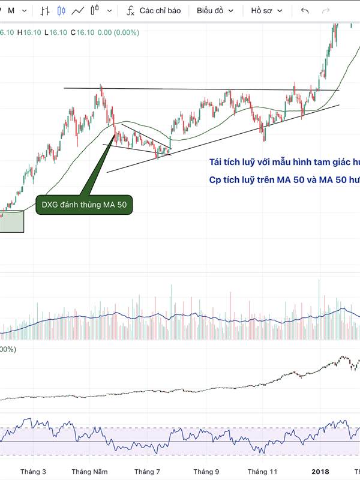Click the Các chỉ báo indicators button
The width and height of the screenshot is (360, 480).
160,11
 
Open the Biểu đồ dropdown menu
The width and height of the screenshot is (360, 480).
215,11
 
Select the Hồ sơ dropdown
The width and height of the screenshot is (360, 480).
267,11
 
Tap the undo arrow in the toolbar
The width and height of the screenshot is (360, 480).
305,11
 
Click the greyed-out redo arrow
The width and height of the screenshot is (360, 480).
326,11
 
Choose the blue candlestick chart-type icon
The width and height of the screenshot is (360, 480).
61,11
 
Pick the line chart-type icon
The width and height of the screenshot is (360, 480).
77,11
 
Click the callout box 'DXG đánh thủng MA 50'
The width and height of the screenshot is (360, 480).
84,205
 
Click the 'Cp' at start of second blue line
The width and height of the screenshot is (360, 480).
215,180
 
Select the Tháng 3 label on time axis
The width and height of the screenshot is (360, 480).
32,472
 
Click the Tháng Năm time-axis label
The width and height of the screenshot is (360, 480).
88,472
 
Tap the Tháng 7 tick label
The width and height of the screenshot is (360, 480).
148,472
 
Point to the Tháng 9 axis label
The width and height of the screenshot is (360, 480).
206,472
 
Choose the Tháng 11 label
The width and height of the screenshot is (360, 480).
263,472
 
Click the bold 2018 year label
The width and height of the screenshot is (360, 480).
320,472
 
